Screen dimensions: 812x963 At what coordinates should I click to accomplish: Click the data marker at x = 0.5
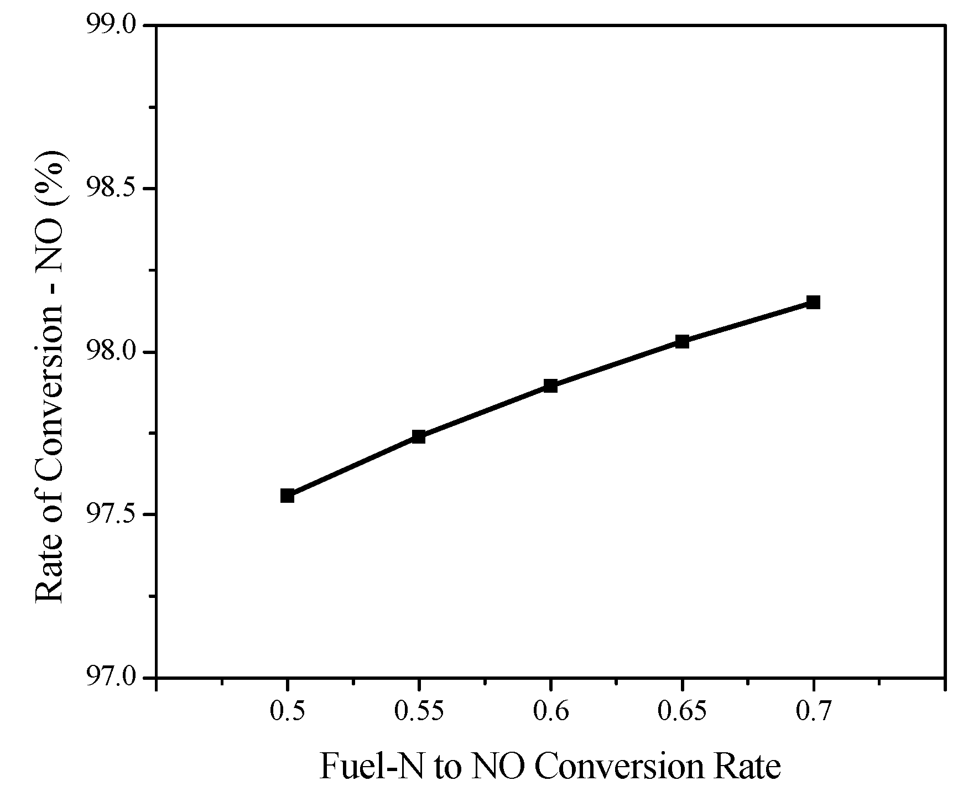pyautogui.click(x=287, y=496)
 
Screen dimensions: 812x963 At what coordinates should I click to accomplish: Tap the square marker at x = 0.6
pyautogui.click(x=550, y=386)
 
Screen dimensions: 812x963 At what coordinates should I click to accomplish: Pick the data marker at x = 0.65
pyautogui.click(x=682, y=341)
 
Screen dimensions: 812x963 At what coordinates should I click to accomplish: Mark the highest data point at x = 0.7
pyautogui.click(x=813, y=302)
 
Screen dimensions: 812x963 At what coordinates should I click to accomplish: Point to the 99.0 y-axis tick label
pyautogui.click(x=112, y=26)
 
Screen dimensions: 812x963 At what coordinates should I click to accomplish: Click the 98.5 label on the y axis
pyautogui.click(x=112, y=189)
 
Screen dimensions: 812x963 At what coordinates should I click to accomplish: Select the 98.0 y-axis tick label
pyautogui.click(x=112, y=352)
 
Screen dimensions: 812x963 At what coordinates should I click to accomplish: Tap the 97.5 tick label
pyautogui.click(x=112, y=515)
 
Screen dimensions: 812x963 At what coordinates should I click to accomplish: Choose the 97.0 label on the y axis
pyautogui.click(x=112, y=677)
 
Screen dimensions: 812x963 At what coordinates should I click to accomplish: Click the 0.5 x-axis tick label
pyautogui.click(x=287, y=712)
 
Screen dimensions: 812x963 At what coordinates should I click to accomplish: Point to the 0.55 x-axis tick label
pyautogui.click(x=419, y=712)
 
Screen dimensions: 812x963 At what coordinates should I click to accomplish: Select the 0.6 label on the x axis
pyautogui.click(x=550, y=712)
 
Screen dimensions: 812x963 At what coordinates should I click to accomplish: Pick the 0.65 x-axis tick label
pyautogui.click(x=682, y=712)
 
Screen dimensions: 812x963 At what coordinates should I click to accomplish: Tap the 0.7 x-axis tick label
pyautogui.click(x=813, y=712)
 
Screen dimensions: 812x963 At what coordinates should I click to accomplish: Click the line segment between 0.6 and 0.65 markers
pyautogui.click(x=616, y=363)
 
